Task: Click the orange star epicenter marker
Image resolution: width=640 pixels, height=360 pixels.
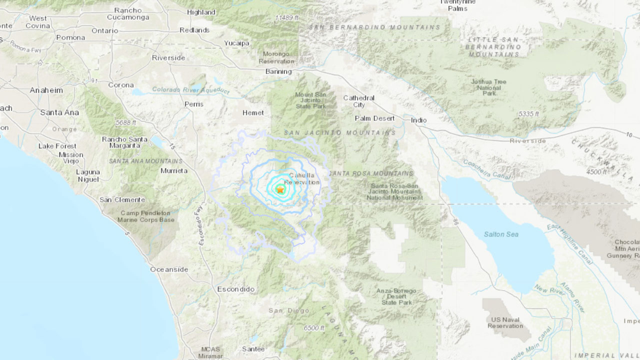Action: [280, 190]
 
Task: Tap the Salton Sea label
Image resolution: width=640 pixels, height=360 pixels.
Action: [501, 234]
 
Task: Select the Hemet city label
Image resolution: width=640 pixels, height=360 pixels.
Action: [253, 113]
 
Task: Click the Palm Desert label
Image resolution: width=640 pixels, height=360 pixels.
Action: [374, 118]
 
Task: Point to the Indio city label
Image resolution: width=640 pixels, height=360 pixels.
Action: [419, 120]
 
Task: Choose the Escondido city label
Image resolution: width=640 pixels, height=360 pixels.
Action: [236, 289]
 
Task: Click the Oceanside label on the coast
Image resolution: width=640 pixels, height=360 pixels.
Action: [169, 270]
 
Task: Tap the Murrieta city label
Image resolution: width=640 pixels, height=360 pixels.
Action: [174, 171]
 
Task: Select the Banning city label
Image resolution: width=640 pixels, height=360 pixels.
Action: [278, 72]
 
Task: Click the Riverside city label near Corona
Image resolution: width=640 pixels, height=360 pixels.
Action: [168, 58]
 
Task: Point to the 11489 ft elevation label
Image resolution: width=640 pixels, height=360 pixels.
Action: [287, 18]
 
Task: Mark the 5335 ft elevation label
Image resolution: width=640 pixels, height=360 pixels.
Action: [528, 114]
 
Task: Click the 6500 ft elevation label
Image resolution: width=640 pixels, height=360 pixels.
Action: [314, 328]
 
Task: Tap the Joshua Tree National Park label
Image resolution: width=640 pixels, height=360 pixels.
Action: [489, 87]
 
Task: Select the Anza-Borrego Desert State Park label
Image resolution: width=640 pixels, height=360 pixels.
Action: [396, 296]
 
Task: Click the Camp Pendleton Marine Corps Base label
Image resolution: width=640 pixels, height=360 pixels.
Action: [146, 216]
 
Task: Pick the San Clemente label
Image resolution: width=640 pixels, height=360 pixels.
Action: [122, 200]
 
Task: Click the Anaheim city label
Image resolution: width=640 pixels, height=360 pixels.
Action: [46, 90]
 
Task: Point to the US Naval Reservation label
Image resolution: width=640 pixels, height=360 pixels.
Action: [505, 323]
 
